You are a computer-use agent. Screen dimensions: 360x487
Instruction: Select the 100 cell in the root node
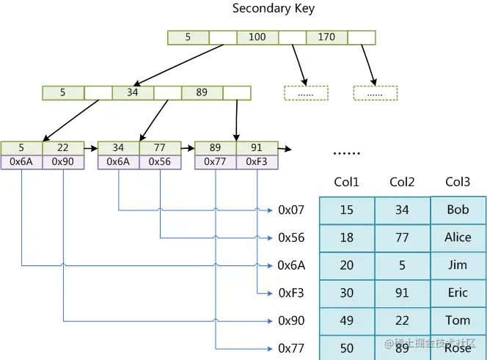click(x=257, y=37)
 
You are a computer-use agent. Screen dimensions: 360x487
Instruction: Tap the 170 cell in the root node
click(x=326, y=37)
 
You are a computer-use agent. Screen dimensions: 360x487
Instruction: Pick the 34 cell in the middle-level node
click(x=133, y=93)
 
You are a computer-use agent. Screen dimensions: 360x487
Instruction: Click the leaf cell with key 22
click(x=63, y=148)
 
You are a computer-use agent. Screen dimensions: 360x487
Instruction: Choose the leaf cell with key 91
click(x=257, y=148)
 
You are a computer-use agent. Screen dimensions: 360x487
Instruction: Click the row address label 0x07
click(x=291, y=210)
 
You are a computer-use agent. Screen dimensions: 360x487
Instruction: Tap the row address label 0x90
click(x=291, y=321)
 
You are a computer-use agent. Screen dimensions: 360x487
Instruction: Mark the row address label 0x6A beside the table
click(x=291, y=265)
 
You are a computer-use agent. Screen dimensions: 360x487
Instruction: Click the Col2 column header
click(x=402, y=182)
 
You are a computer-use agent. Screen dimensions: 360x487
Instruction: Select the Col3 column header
click(x=458, y=182)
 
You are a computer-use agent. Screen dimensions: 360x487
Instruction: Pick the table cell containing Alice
click(x=458, y=238)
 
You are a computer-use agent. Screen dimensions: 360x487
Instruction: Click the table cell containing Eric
click(x=458, y=293)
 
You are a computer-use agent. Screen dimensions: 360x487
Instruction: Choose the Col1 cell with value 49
click(x=347, y=320)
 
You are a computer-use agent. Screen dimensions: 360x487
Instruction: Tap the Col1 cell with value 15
click(x=347, y=210)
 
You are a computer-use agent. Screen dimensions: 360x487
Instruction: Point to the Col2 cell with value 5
click(x=402, y=265)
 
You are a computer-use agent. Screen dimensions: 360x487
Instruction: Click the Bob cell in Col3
click(x=458, y=210)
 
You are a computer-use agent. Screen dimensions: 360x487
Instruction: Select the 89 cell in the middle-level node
click(x=202, y=93)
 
